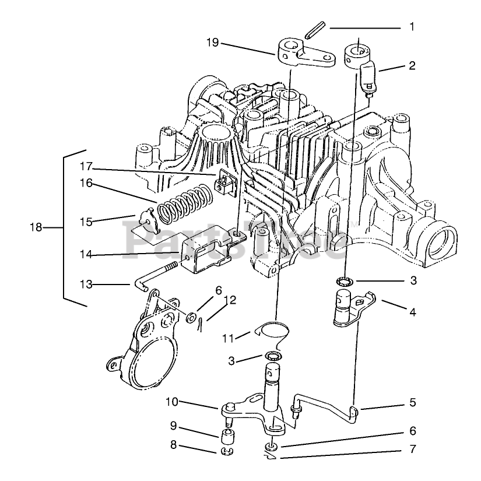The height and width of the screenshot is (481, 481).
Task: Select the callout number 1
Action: pyautogui.click(x=412, y=27)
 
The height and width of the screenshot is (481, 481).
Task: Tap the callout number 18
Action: pyautogui.click(x=36, y=227)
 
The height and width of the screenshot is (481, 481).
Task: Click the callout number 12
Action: pyautogui.click(x=230, y=300)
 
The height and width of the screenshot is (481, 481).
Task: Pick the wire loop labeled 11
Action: pyautogui.click(x=272, y=331)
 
